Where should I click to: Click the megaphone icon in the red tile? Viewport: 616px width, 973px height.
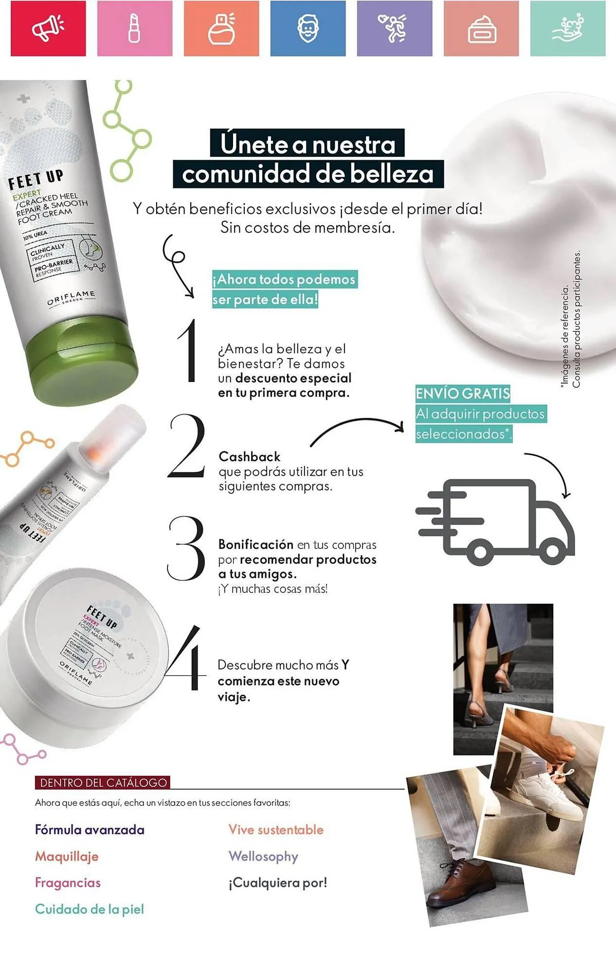[48, 28]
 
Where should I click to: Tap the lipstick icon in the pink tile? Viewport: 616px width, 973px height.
[134, 28]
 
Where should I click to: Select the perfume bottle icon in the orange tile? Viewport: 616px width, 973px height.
[221, 28]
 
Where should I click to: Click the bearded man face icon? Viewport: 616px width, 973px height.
[308, 28]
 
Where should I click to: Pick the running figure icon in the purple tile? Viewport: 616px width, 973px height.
[394, 28]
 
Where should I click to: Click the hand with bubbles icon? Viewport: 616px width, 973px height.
[568, 28]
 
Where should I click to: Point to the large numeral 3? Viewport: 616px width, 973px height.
[186, 548]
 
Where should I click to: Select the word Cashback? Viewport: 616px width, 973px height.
[250, 457]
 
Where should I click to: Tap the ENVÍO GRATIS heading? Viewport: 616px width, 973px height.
[462, 393]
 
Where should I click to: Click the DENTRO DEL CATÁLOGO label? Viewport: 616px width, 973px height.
[103, 783]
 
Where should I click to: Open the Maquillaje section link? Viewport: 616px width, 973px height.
[67, 856]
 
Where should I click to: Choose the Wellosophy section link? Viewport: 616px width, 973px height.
[263, 856]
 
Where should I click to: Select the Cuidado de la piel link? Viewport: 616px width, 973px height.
[90, 909]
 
